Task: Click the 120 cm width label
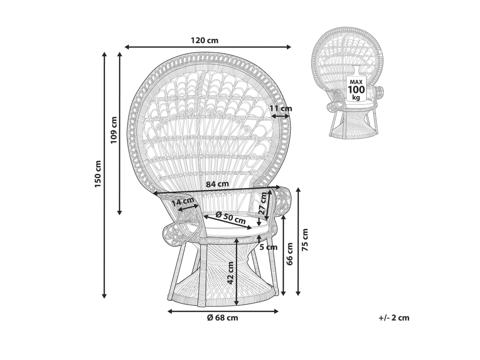click(204, 40)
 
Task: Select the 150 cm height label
click(98, 174)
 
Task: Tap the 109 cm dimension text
click(113, 130)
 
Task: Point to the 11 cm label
click(281, 108)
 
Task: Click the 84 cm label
click(217, 184)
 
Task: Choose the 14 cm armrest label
click(183, 202)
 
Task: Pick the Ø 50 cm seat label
click(230, 217)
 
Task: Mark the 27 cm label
click(263, 203)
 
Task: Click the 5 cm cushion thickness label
click(269, 247)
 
